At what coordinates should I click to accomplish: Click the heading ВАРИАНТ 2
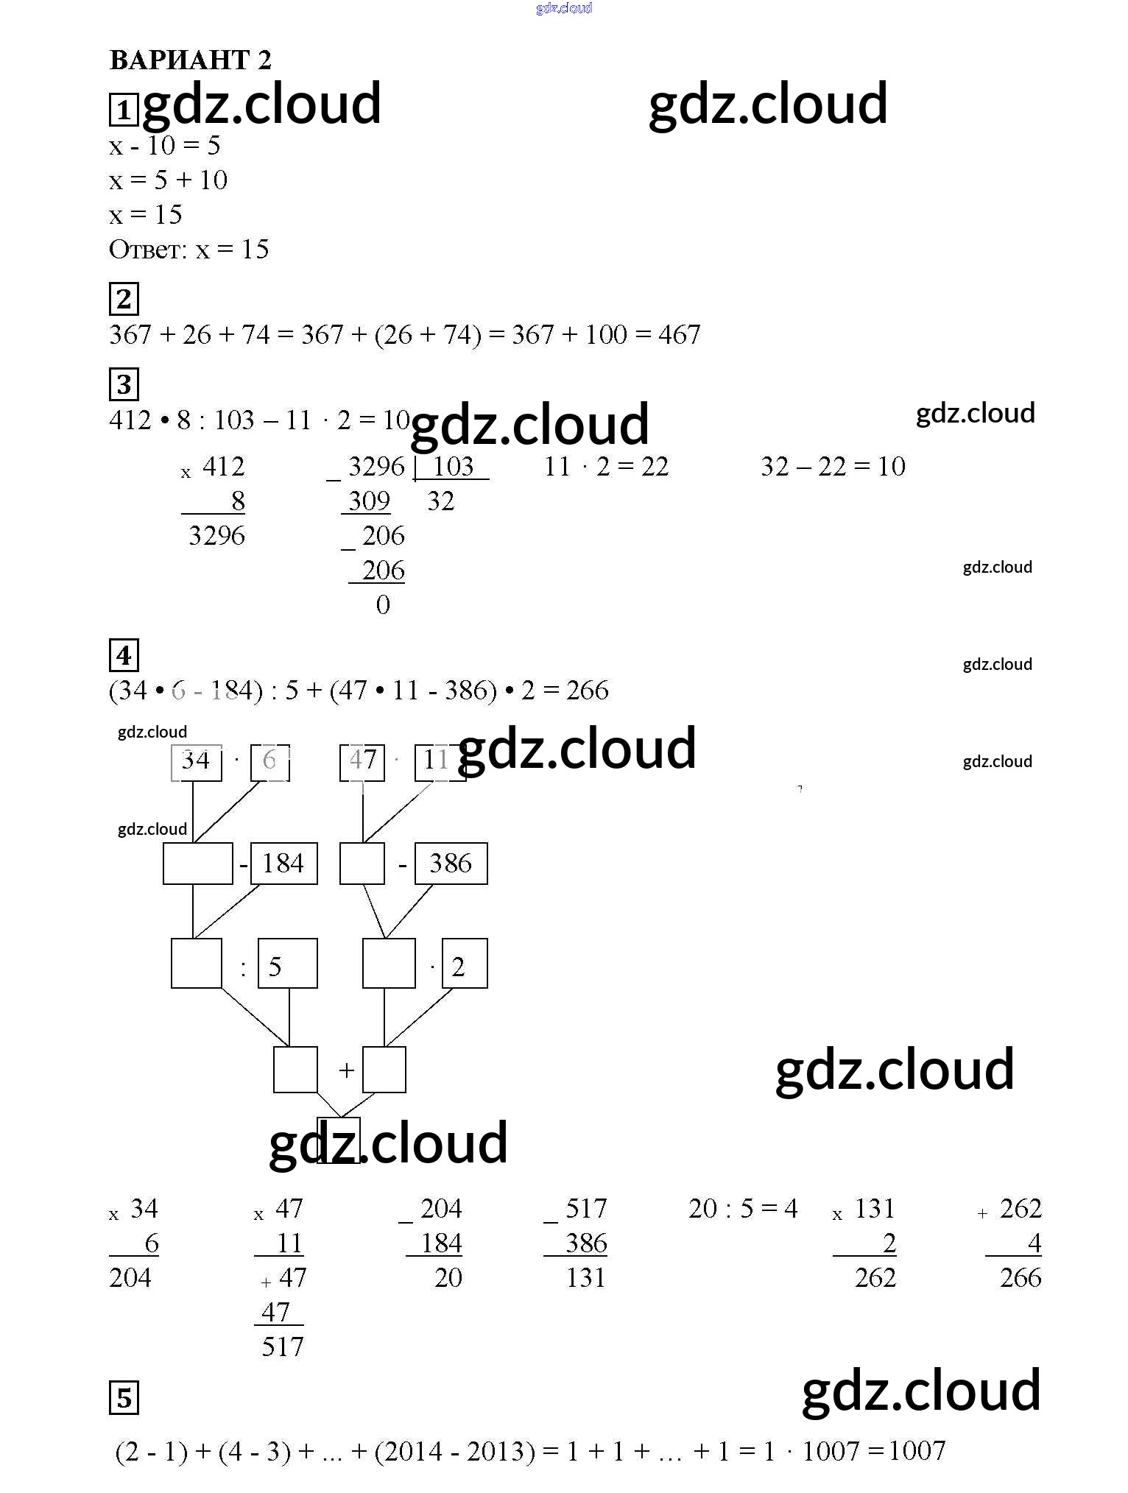(x=190, y=60)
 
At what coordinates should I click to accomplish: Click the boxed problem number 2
(x=124, y=299)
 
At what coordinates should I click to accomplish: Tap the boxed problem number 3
(x=124, y=384)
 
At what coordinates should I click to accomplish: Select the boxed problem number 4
(x=124, y=655)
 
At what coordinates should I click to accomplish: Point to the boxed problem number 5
(x=124, y=1398)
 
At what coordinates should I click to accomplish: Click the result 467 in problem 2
(x=679, y=335)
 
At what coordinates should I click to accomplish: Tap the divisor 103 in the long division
(x=452, y=466)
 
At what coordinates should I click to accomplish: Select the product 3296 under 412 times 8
(x=216, y=535)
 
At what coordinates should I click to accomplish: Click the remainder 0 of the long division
(x=383, y=604)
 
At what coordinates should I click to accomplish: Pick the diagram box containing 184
(x=284, y=864)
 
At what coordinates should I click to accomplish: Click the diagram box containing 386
(x=451, y=864)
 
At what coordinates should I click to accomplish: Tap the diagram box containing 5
(x=287, y=964)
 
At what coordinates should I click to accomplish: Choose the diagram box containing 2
(x=465, y=964)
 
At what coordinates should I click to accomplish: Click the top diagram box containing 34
(x=196, y=761)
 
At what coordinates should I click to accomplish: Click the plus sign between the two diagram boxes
(x=346, y=1070)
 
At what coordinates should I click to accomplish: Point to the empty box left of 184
(x=198, y=864)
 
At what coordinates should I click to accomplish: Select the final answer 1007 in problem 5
(x=917, y=1450)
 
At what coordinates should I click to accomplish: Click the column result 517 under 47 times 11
(x=282, y=1346)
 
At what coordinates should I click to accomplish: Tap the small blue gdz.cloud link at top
(x=564, y=8)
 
